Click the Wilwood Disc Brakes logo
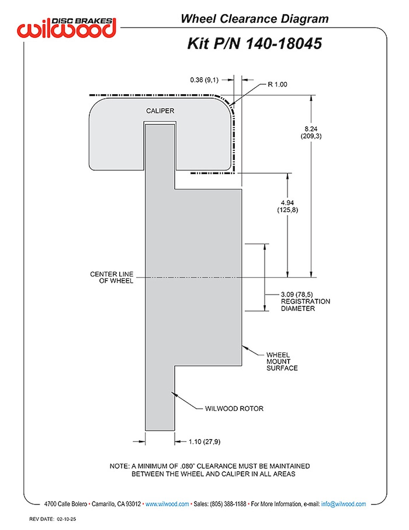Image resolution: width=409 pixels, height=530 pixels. pyautogui.click(x=66, y=28)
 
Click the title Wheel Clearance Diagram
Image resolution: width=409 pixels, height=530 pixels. pyautogui.click(x=255, y=19)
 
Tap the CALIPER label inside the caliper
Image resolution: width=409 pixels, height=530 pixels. pyautogui.click(x=160, y=111)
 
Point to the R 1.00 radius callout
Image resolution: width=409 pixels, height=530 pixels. pyautogui.click(x=277, y=84)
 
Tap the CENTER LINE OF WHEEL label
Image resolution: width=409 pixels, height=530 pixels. pyautogui.click(x=112, y=277)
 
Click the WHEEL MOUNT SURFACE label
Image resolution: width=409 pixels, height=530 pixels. pyautogui.click(x=282, y=361)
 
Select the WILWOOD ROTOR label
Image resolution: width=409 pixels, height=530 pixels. pyautogui.click(x=234, y=408)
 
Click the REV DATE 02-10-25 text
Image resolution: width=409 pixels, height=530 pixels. pyautogui.click(x=53, y=519)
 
